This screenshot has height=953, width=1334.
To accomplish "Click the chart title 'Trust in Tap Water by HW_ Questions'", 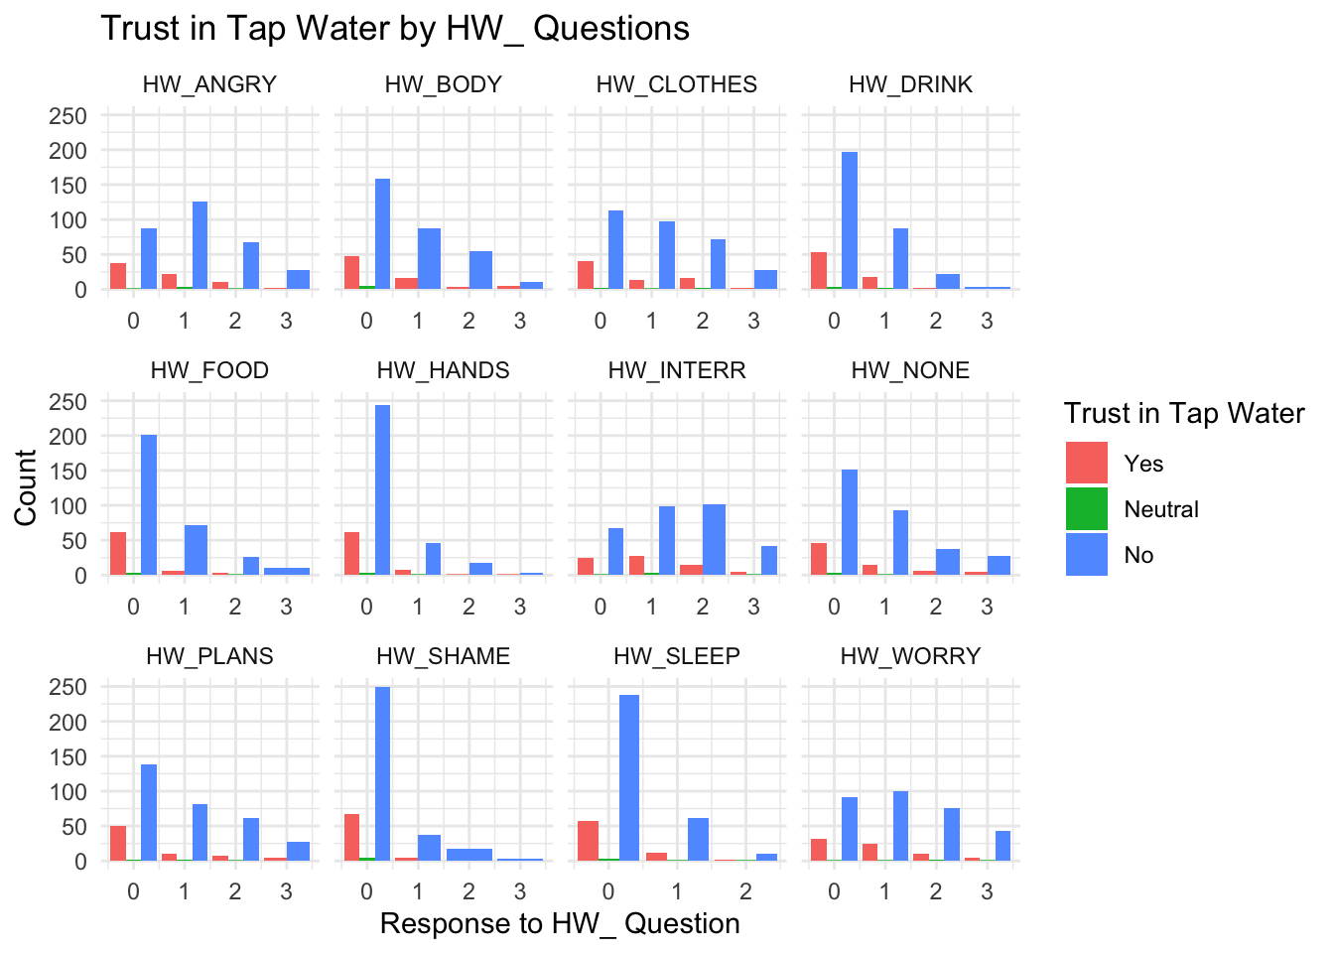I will tap(395, 29).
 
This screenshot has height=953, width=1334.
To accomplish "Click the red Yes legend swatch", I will tap(1087, 464).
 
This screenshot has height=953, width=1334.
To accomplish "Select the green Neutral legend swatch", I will tap(1087, 509).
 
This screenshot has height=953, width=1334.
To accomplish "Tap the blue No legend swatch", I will tap(1087, 555).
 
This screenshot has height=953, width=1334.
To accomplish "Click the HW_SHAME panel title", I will tap(443, 656).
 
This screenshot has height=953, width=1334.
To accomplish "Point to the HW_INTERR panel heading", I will tap(677, 370).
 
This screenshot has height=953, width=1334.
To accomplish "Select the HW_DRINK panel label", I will tap(910, 84).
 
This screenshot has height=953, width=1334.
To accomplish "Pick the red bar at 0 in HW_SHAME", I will tap(351, 837).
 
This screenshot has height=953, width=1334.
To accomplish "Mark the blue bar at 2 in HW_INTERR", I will tap(714, 539).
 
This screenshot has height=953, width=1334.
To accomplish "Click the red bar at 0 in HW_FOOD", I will tap(118, 553).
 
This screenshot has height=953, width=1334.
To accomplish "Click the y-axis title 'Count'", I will tap(26, 487).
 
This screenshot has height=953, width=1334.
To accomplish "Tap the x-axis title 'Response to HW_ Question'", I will tap(560, 923).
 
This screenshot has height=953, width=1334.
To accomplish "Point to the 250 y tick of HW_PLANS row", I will tap(68, 687).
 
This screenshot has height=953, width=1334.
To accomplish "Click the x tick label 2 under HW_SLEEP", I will tap(745, 891).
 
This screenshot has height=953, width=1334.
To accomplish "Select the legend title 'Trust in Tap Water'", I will tap(1183, 413).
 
